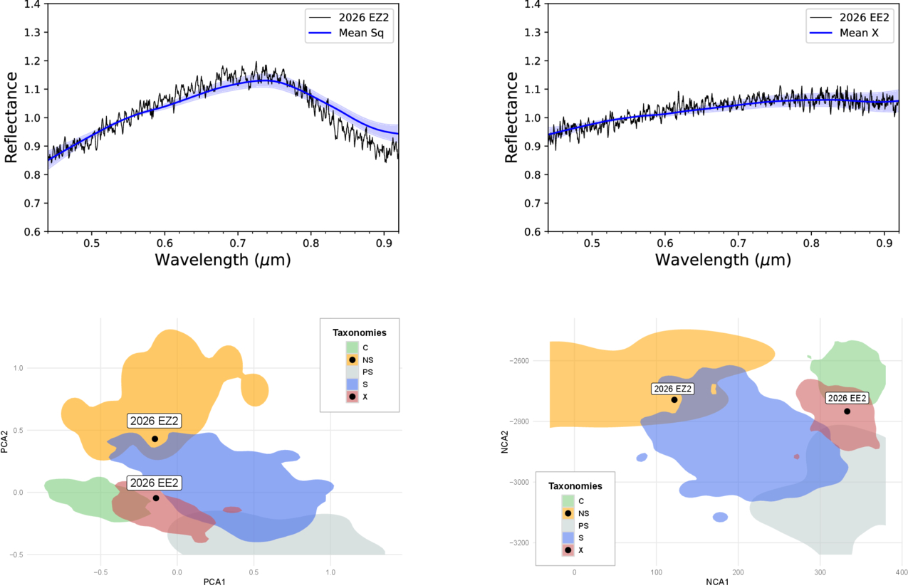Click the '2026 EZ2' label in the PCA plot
[x=154, y=421]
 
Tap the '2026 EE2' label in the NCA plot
[x=847, y=398]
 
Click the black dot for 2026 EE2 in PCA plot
[x=155, y=498]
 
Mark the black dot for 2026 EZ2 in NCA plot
[x=674, y=399]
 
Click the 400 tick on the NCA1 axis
[x=900, y=572]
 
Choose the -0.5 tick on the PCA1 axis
[x=100, y=571]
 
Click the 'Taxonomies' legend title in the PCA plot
[x=359, y=332]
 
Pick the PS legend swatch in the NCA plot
[x=568, y=525]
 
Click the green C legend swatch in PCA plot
[x=352, y=347]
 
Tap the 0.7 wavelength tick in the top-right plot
[x=738, y=243]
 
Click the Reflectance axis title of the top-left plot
[x=12, y=117]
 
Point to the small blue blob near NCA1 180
[x=720, y=517]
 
